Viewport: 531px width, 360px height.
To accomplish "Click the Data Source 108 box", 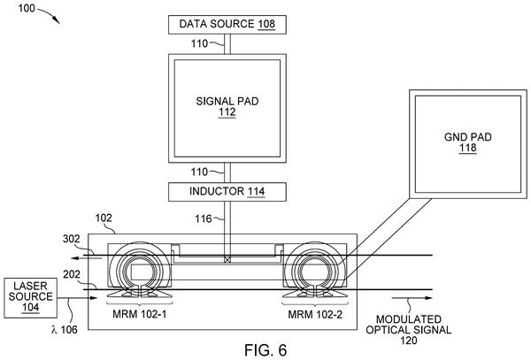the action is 227,25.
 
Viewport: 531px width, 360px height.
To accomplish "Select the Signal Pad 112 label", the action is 227,106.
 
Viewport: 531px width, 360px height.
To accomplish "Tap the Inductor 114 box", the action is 227,192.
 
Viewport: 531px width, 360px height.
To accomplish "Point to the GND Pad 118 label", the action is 468,142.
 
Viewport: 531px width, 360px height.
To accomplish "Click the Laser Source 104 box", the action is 30,298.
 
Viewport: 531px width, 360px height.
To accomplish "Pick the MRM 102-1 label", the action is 140,314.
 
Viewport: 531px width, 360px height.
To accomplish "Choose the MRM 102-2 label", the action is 315,314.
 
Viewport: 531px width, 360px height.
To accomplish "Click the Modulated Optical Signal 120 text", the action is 408,330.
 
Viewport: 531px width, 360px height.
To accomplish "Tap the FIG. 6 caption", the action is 265,350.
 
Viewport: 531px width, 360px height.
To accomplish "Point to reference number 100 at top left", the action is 27,8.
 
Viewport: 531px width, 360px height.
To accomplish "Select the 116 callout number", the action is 204,218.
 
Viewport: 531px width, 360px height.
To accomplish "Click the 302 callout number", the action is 72,239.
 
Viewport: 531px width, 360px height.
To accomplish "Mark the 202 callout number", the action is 72,274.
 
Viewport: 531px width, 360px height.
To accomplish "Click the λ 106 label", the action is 65,329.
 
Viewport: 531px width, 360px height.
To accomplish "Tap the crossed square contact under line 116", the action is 227,260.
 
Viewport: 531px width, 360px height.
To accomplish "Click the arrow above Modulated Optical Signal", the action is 412,298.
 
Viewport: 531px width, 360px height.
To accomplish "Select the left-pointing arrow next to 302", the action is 86,258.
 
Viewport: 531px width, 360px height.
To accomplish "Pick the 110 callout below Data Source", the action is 199,43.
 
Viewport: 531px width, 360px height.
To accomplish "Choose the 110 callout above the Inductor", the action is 199,172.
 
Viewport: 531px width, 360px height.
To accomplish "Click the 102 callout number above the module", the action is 104,218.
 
